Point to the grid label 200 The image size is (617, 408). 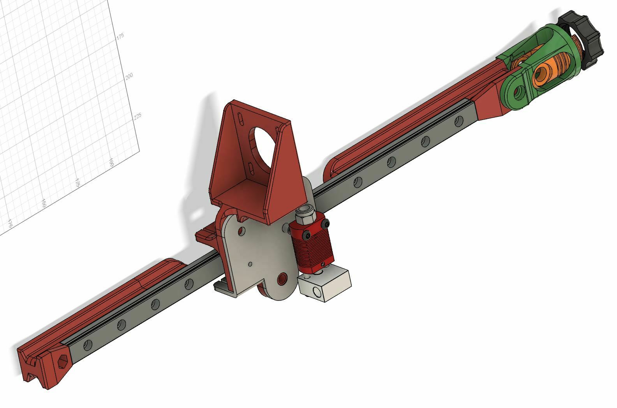coord(129,75)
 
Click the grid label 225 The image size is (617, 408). coord(138,116)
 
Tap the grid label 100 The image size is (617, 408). coord(111,162)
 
